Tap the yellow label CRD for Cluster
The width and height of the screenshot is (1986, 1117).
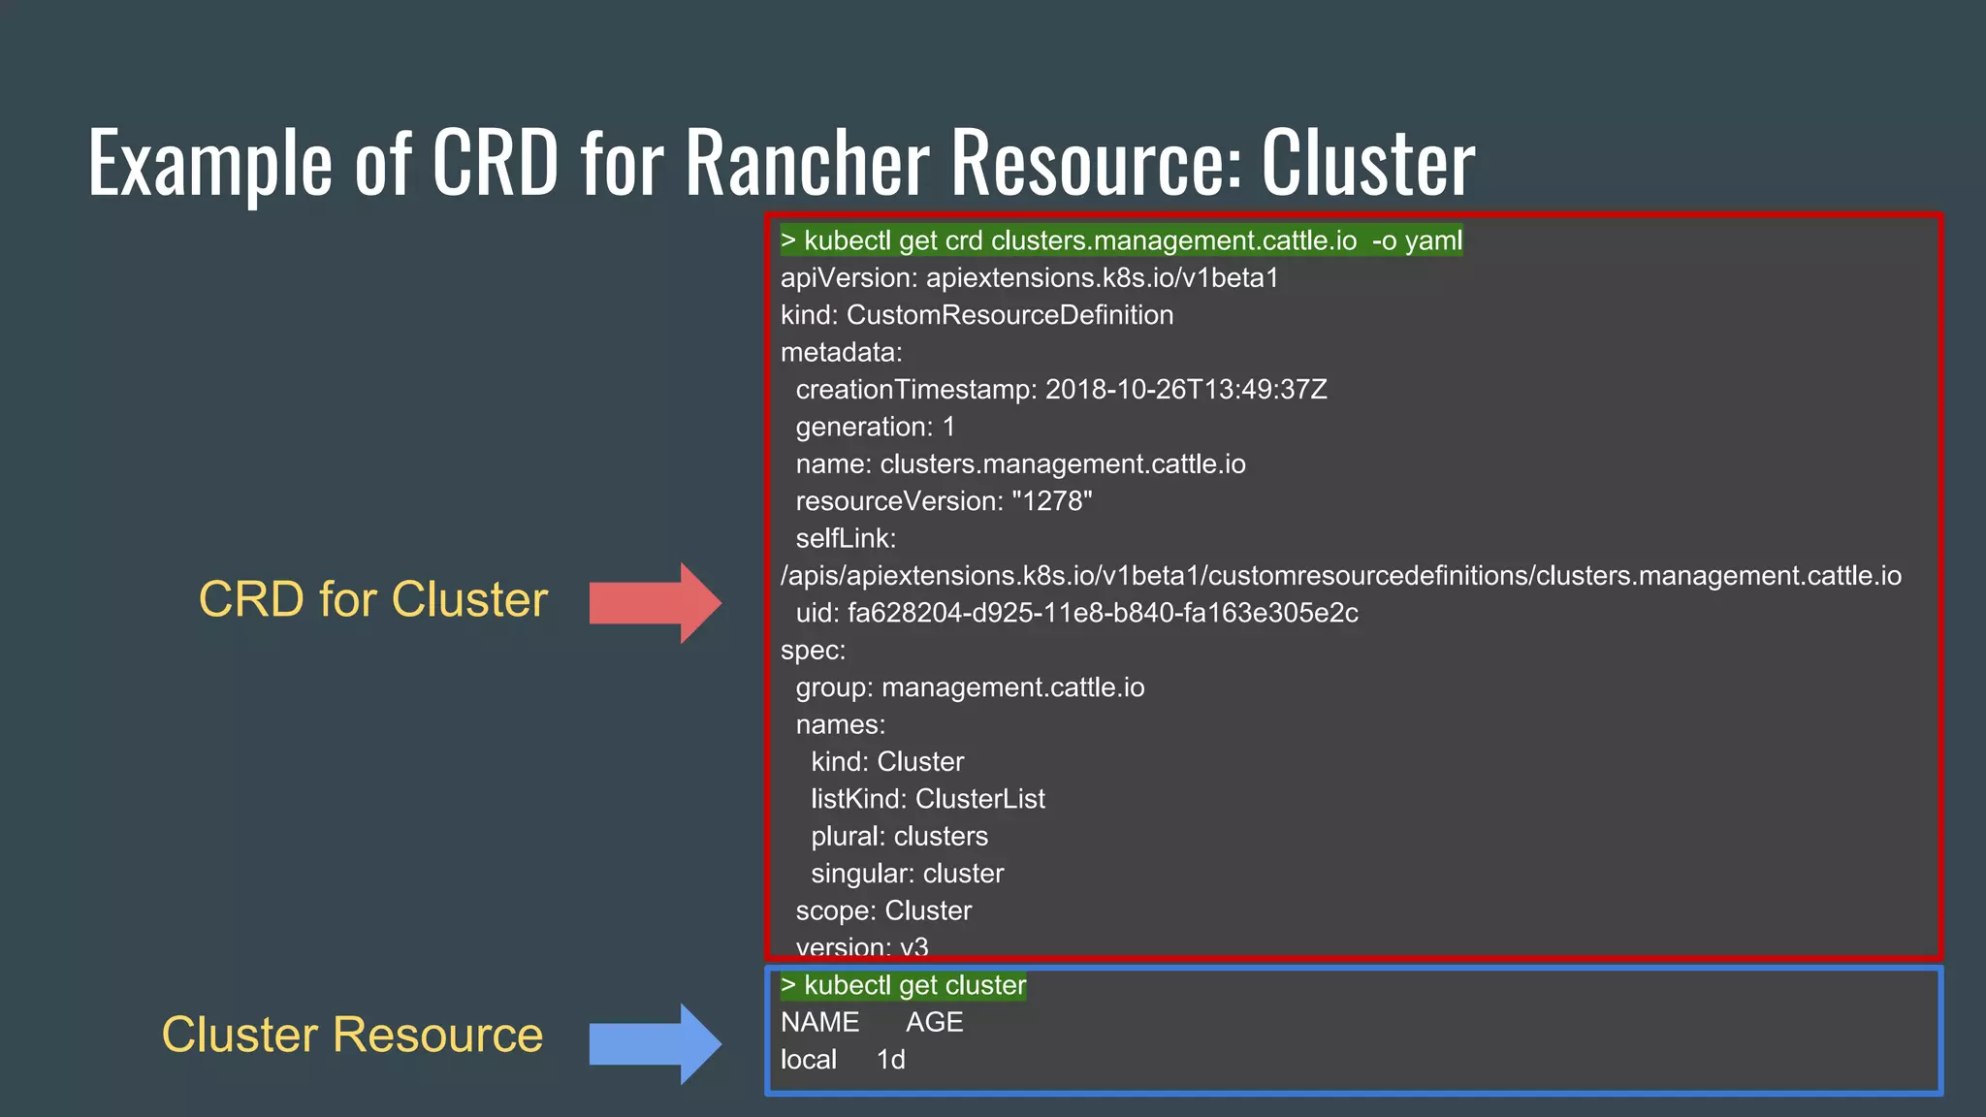tap(373, 599)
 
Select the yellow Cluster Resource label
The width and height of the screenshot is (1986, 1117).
tap(352, 1035)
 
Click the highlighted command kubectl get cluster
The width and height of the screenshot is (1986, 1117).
tap(903, 985)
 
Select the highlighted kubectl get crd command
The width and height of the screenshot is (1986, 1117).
tap(1121, 240)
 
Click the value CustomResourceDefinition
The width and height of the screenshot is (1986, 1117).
tap(1009, 315)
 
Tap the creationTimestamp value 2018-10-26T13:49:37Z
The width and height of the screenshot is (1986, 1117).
tap(1185, 390)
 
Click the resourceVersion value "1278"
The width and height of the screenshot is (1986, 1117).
tap(1051, 501)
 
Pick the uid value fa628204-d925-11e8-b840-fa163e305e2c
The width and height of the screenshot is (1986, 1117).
tap(1103, 613)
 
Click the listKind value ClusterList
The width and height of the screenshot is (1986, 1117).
tap(979, 799)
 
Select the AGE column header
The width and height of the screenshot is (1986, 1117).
tap(934, 1022)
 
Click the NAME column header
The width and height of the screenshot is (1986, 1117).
tap(819, 1022)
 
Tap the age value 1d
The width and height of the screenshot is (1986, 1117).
tap(890, 1060)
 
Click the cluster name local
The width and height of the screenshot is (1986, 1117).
tap(808, 1060)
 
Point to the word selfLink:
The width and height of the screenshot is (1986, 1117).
tap(846, 538)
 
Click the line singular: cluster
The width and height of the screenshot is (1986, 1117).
tap(907, 874)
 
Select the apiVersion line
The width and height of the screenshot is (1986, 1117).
tap(1029, 278)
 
